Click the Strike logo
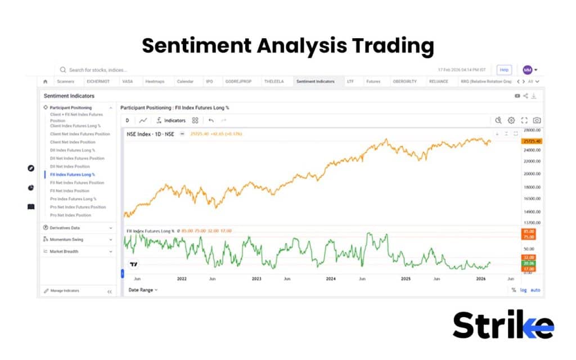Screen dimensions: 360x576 click(503, 326)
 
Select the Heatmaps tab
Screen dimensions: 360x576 click(154, 82)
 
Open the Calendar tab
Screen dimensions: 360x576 click(185, 82)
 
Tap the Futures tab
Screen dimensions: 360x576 click(373, 82)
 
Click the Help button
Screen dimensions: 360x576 click(504, 70)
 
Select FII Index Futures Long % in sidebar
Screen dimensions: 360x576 click(73, 174)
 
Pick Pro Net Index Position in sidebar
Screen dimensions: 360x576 click(70, 215)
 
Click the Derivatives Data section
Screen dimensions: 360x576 click(65, 228)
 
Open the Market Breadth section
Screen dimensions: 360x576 click(64, 251)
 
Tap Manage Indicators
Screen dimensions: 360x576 click(65, 291)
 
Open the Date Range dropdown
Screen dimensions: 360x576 click(143, 290)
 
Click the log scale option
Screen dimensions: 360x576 click(524, 290)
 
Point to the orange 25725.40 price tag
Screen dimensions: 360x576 click(532, 141)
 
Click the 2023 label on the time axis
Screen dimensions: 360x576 click(256, 278)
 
